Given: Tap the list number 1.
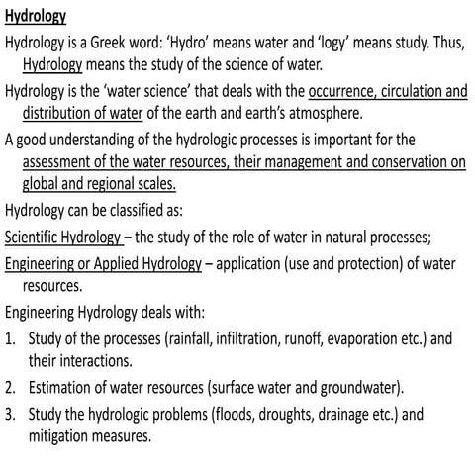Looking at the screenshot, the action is coord(9,338).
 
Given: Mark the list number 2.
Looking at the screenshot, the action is coord(9,387).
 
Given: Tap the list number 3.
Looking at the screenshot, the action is coord(9,414).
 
